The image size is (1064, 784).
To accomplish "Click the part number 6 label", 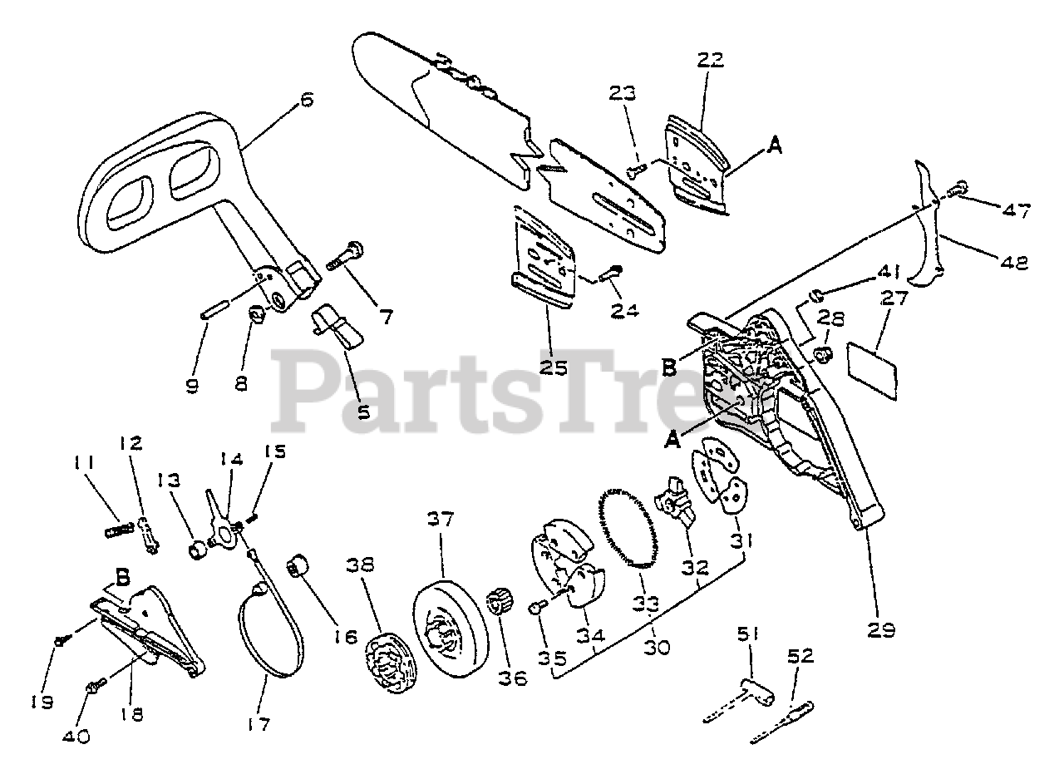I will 306,100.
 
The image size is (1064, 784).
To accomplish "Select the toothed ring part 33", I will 628,529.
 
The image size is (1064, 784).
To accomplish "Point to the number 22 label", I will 711,60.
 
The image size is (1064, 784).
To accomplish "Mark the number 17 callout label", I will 259,725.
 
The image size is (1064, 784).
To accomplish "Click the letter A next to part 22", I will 775,146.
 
